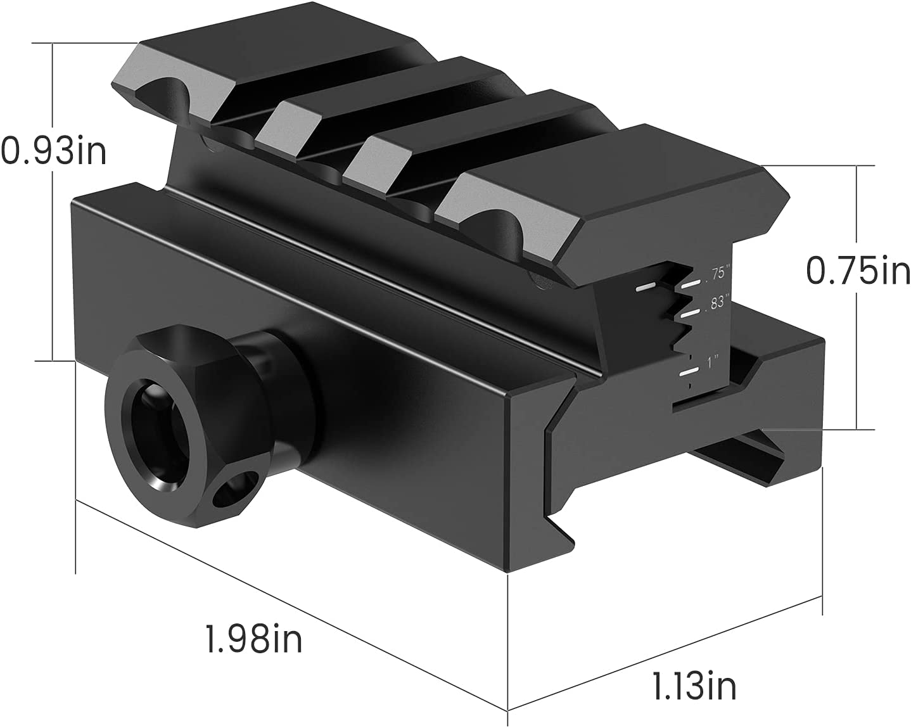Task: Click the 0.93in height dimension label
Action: [53, 151]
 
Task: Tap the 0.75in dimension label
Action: [857, 271]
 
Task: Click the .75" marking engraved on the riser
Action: [718, 274]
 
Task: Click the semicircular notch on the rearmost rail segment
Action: [165, 95]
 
